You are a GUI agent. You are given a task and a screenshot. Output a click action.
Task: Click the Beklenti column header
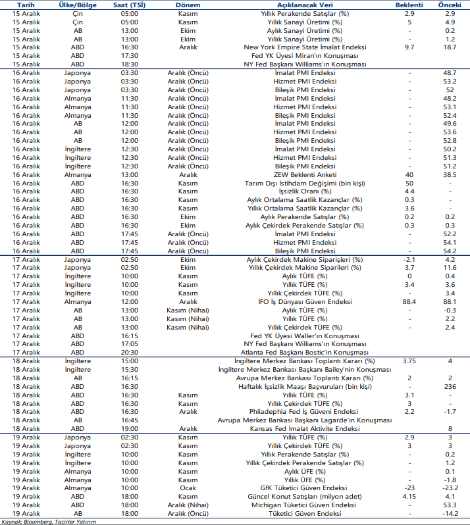coord(409,4)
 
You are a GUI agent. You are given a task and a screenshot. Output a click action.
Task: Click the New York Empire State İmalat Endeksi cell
coord(305,47)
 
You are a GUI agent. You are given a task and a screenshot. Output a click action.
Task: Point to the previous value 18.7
coord(450,47)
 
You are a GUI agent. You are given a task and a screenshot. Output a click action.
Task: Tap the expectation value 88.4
coord(409,301)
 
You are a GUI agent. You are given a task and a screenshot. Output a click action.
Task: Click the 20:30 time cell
coord(130,352)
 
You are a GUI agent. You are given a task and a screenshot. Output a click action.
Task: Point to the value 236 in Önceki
coord(450,386)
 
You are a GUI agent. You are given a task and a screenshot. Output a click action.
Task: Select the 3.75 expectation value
coord(409,361)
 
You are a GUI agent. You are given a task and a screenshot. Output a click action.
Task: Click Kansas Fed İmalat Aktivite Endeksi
coord(305,428)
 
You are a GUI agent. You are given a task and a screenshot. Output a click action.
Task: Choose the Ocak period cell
coord(188,488)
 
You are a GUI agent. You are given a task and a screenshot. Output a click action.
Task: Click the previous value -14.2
coord(450,512)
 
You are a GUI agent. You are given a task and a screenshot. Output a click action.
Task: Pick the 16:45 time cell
coord(130,420)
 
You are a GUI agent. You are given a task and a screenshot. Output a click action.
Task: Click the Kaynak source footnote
coord(49,521)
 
